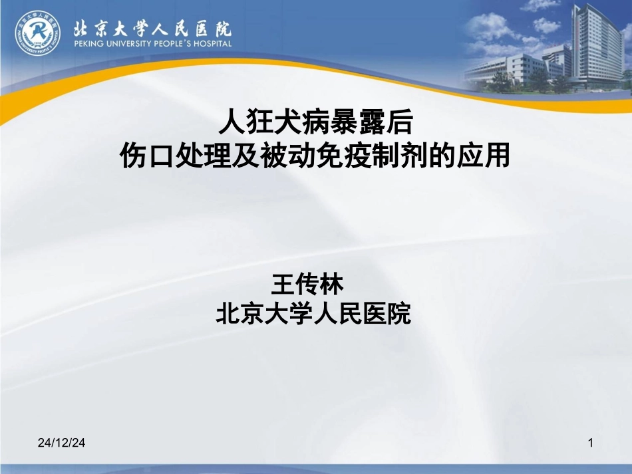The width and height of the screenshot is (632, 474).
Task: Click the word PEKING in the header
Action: click(86, 44)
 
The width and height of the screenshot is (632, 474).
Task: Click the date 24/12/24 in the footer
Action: click(63, 442)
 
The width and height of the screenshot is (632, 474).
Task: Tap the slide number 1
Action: click(591, 442)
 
